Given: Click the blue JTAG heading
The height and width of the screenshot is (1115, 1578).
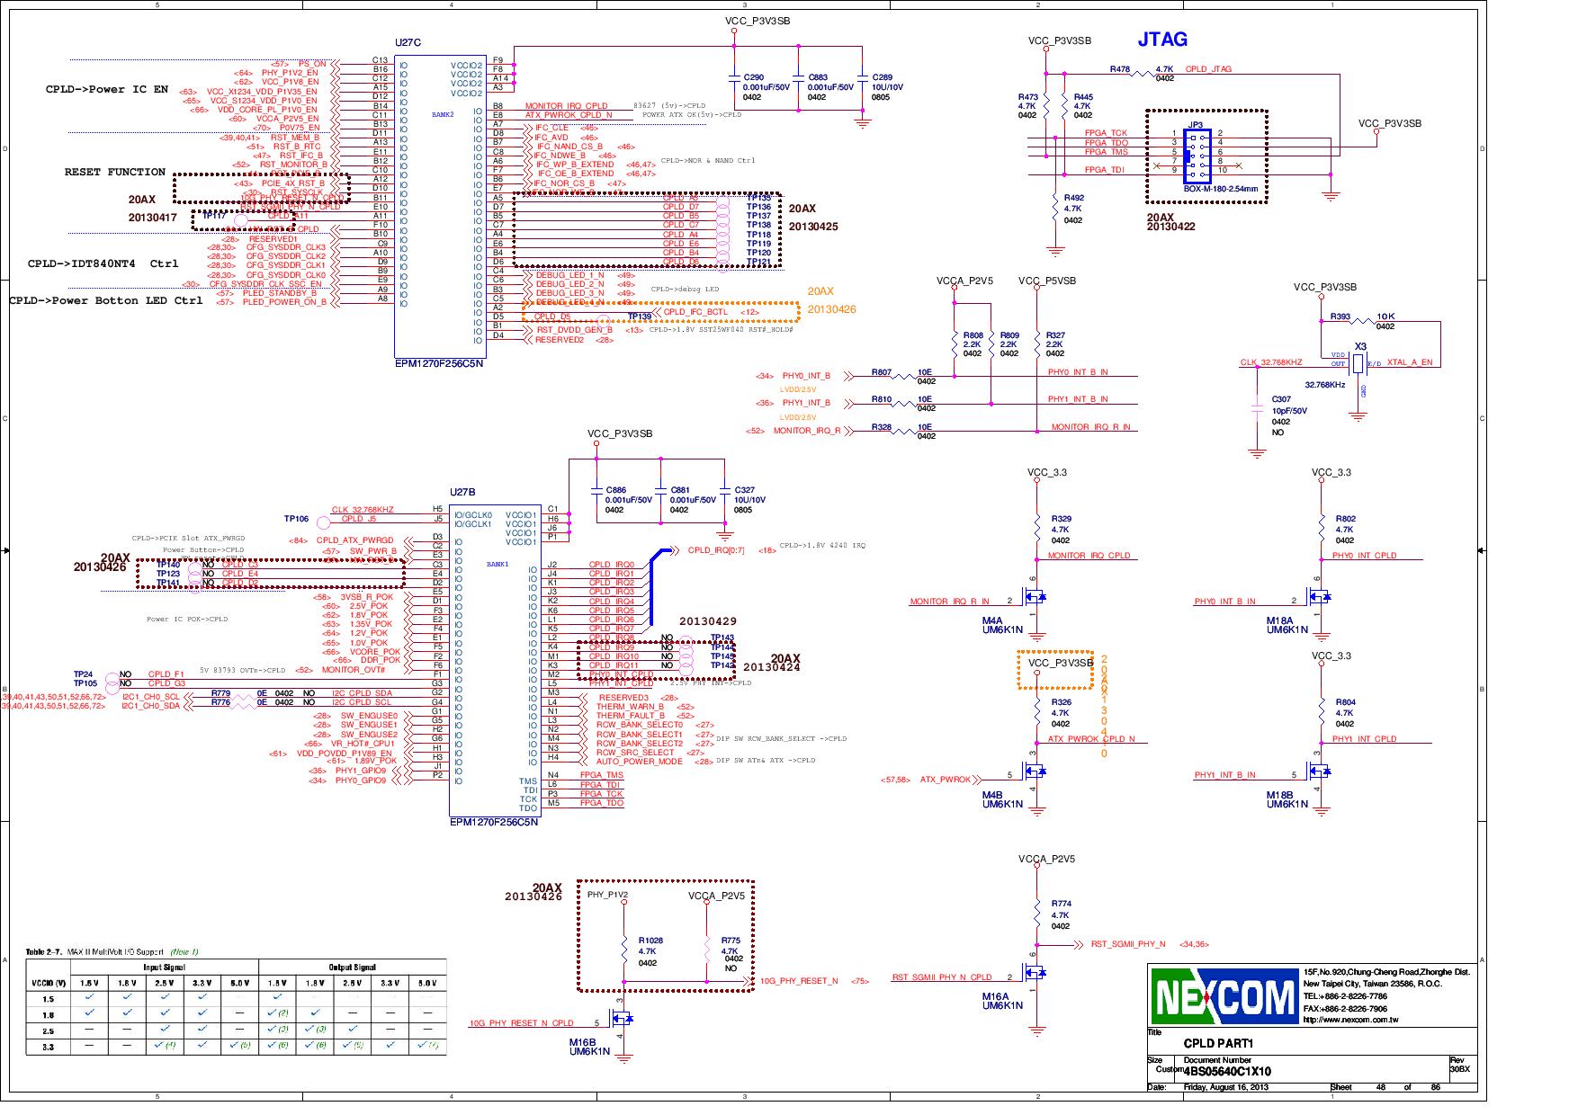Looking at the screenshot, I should pos(1161,40).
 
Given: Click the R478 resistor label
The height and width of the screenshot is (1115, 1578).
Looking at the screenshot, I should pos(1119,69).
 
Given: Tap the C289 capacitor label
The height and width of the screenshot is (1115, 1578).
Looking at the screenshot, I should pos(882,77).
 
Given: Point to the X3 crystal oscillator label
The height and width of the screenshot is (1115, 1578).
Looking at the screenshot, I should pos(1360,346).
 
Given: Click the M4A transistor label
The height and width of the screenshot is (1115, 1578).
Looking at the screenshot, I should pos(991,620).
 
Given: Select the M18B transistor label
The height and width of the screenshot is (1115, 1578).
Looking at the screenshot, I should pos(1279,795).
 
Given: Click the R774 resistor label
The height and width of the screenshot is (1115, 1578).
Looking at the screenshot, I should pos(1061,904).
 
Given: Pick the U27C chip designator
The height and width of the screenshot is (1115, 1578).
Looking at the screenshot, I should pos(408,42).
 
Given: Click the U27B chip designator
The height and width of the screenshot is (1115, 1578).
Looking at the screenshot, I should pos(462,493).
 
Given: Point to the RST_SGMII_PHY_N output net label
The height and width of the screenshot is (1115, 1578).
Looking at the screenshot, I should pos(1127,944).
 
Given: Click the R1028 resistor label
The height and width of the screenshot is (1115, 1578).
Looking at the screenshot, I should pos(650,941).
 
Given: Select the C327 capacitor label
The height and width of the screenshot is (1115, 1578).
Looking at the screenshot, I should pos(744,490).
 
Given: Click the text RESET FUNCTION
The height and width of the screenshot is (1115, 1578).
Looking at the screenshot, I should pos(114,172).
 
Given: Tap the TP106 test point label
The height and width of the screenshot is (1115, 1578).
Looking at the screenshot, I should pos(296,519).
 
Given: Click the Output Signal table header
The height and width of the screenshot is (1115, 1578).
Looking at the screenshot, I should pos(352,967).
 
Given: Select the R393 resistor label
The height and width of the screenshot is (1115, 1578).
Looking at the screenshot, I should pos(1340,317).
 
